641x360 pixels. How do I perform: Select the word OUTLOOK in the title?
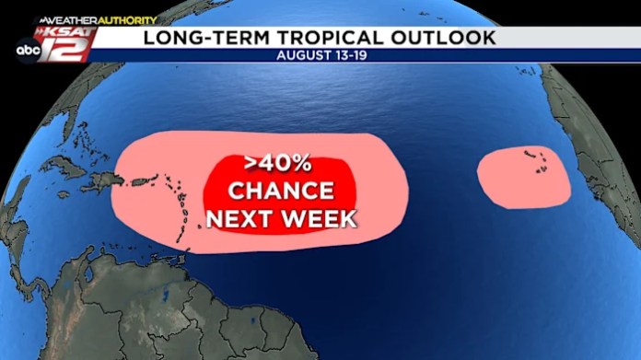click(x=441, y=37)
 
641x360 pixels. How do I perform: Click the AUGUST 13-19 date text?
click(x=320, y=55)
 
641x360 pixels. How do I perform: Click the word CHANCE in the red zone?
click(x=281, y=192)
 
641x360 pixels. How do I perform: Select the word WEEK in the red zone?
click(x=318, y=219)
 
